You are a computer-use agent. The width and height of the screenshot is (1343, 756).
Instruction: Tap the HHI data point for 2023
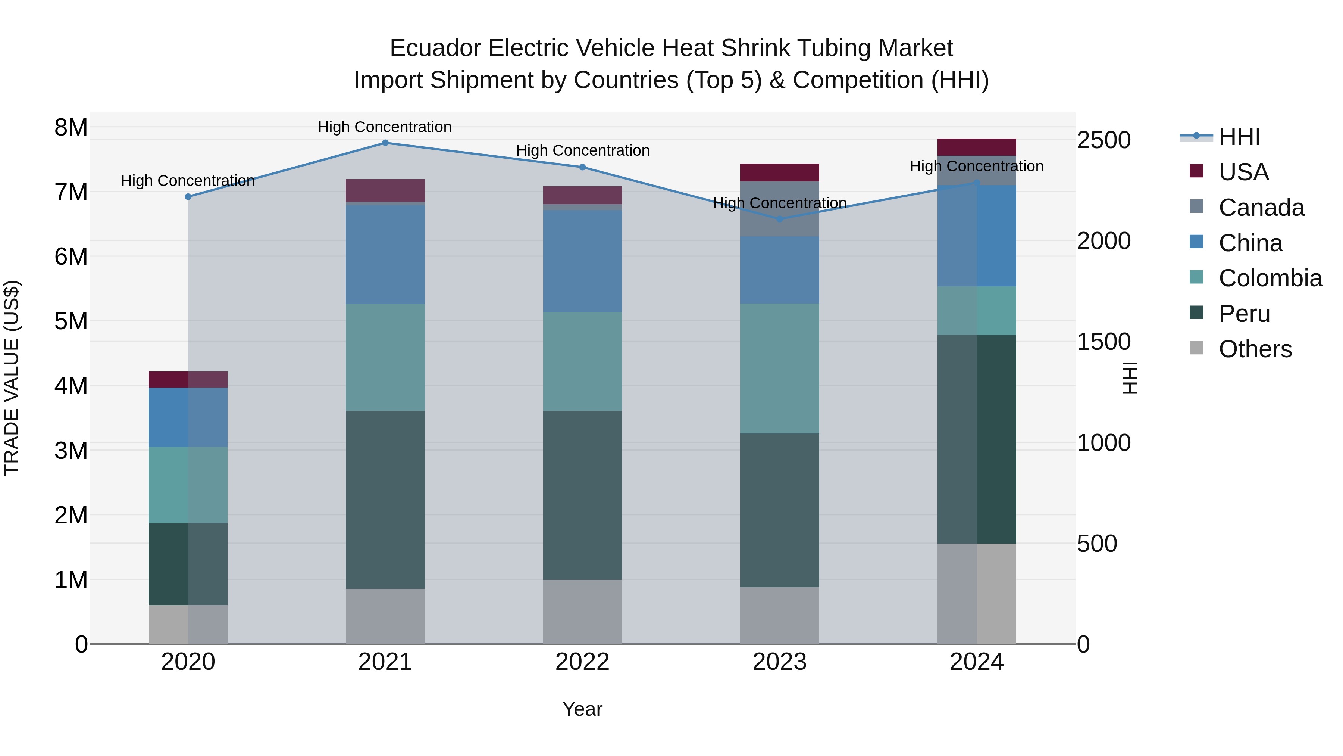point(779,219)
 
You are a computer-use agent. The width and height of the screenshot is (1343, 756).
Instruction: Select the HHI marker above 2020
point(188,197)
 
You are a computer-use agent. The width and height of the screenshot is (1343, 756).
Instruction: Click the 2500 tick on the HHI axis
point(1103,140)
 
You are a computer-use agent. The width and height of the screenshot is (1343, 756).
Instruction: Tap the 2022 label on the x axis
point(582,662)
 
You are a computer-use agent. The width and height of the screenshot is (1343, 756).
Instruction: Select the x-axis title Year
point(582,709)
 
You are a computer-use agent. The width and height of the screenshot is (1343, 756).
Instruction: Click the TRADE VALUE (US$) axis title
point(12,378)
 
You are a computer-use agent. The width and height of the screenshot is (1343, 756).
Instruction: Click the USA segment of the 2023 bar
point(779,172)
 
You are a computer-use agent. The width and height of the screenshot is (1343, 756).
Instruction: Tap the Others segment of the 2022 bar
point(582,612)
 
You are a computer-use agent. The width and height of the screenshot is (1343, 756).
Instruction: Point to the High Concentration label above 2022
point(582,150)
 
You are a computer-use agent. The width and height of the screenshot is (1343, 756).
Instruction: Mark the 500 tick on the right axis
point(1096,544)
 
